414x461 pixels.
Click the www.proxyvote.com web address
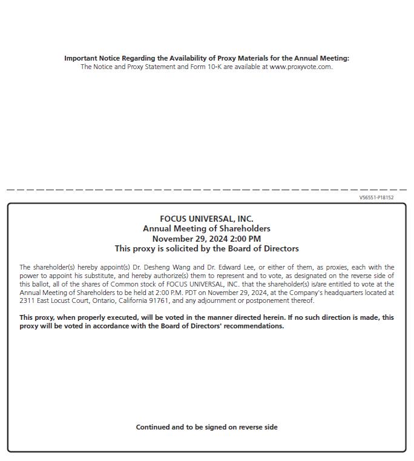[300, 67]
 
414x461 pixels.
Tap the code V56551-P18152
[376, 197]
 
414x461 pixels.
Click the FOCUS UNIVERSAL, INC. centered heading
[206, 219]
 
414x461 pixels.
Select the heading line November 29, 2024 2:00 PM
[206, 239]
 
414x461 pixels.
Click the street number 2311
[27, 300]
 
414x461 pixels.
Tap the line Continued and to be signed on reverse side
[206, 427]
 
